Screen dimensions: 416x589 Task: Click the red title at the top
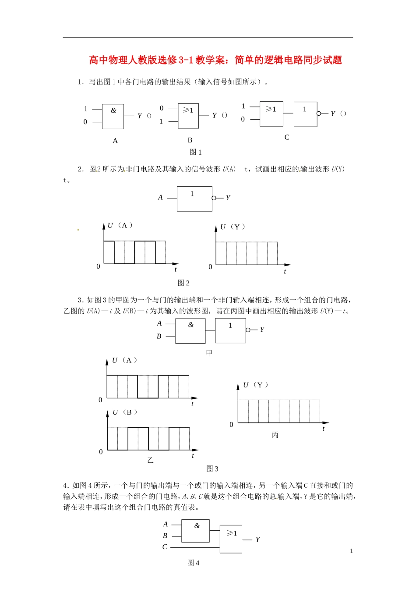215,60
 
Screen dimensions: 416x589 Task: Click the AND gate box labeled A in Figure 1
113,117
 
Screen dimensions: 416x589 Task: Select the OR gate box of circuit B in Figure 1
188,116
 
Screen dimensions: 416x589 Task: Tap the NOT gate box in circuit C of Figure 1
305,114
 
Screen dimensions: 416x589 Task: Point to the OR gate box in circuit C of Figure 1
271,114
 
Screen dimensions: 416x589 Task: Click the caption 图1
196,152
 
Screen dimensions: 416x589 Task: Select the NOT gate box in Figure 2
194,199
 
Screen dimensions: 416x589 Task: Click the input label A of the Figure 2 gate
160,198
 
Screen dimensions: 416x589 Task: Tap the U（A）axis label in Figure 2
120,225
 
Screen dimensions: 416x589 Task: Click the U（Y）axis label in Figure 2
233,227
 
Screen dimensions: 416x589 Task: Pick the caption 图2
183,283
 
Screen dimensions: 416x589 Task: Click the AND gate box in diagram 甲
190,331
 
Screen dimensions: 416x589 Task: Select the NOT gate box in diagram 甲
230,331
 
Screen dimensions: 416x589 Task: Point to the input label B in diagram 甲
159,336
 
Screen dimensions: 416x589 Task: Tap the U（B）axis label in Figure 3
125,412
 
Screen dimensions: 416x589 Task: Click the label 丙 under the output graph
275,435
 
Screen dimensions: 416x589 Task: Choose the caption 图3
212,468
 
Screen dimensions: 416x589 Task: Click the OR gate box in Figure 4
231,539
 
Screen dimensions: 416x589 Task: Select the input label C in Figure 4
165,546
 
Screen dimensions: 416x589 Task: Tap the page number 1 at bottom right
351,551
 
